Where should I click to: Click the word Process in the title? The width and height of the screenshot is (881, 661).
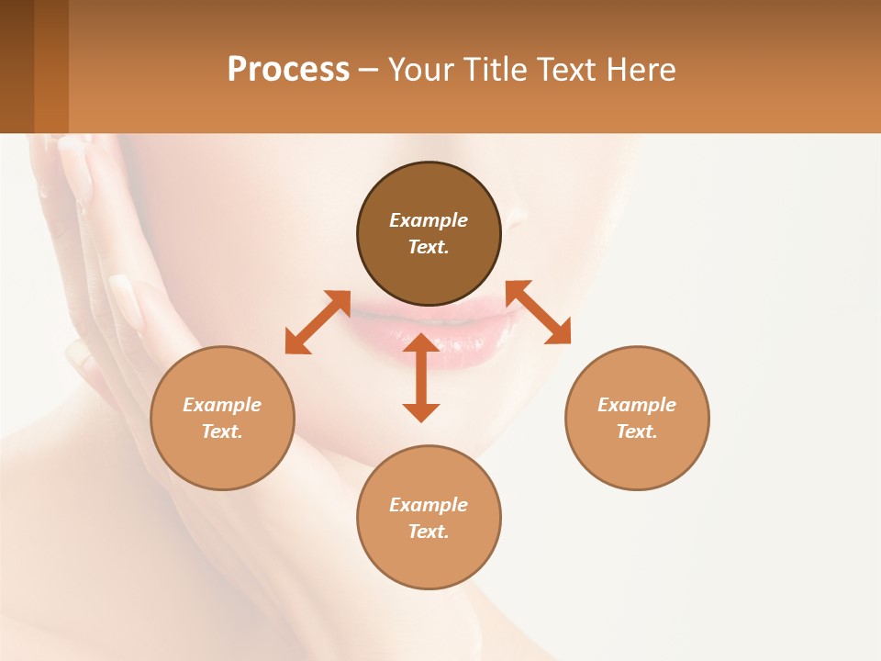[288, 70]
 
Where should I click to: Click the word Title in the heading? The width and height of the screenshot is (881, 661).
[494, 70]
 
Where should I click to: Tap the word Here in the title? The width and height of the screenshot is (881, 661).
[641, 70]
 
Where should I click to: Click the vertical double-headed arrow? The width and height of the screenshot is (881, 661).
[421, 378]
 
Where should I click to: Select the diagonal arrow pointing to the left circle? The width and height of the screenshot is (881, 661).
[318, 322]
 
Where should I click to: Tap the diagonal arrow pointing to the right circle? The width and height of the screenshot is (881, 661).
[539, 312]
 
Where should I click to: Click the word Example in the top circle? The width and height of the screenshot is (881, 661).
[429, 220]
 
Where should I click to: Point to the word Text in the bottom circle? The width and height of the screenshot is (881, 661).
[429, 532]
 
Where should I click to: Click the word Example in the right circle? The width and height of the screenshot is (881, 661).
[637, 405]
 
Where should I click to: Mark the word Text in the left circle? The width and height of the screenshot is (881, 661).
[222, 431]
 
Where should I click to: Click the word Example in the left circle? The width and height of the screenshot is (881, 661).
[222, 405]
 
